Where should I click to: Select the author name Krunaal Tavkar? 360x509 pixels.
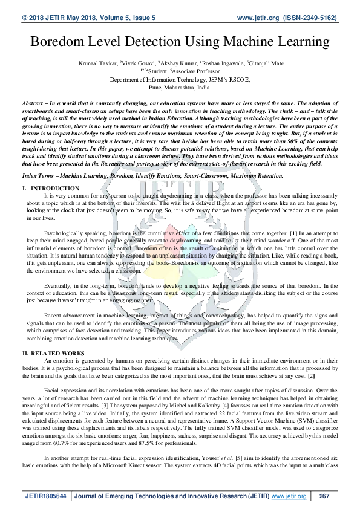click(97, 63)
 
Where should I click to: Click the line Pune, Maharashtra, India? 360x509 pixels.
click(180, 87)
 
